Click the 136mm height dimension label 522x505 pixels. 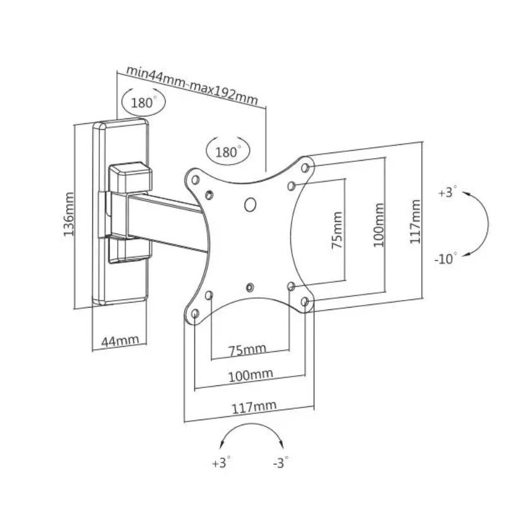68,215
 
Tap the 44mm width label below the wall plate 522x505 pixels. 120,341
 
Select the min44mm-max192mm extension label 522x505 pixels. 192,85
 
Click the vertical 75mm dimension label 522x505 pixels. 337,230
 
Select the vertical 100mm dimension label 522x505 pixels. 378,225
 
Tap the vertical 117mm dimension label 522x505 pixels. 415,221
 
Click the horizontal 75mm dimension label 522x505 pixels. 247,350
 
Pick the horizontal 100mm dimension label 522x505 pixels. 251,375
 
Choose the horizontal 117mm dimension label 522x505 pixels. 254,407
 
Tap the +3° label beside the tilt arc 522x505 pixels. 447,192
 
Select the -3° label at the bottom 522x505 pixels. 281,463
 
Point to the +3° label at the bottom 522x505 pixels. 221,463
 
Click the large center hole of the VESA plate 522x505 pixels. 250,204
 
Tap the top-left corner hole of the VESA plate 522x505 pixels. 195,180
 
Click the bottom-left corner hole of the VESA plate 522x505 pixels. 196,314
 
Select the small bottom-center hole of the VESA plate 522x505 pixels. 250,287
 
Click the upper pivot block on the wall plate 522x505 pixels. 130,177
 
